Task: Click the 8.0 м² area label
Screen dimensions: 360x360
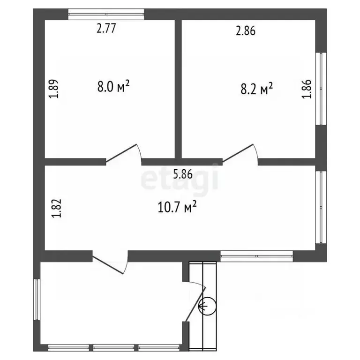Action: (x=113, y=86)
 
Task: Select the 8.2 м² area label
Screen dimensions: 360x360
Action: (x=257, y=89)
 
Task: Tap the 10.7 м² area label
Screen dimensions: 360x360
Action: (x=177, y=207)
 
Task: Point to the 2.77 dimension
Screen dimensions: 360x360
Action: (x=106, y=29)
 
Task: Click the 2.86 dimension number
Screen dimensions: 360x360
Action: (x=246, y=31)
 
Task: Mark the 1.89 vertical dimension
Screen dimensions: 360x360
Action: (x=54, y=89)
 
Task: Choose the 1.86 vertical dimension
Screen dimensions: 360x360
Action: (x=307, y=89)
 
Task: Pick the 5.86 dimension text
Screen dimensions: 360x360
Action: (x=183, y=174)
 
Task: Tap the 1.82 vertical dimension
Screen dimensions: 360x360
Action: (x=56, y=208)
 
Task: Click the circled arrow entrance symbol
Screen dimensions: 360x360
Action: (x=207, y=306)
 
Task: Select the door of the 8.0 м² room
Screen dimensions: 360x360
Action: (x=124, y=154)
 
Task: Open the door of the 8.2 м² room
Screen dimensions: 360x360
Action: (x=240, y=154)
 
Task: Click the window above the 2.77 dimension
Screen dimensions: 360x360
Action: (x=106, y=14)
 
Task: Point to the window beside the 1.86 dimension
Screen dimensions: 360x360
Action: (x=321, y=89)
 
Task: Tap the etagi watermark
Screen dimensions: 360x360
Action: (x=180, y=177)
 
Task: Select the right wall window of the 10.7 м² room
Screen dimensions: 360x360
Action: (x=321, y=207)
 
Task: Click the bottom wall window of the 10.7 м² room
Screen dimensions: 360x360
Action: (x=257, y=256)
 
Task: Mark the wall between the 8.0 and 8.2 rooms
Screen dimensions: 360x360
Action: (x=179, y=89)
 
